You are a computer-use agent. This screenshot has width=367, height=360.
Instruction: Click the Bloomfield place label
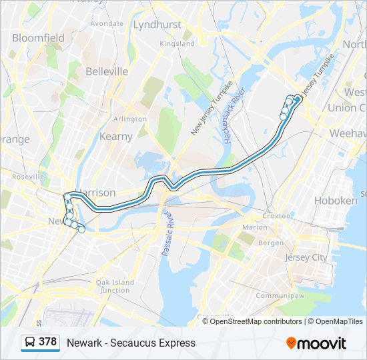(38, 38)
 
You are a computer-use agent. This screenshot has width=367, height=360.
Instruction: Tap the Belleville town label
(107, 71)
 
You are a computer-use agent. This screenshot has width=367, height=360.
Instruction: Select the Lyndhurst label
(157, 25)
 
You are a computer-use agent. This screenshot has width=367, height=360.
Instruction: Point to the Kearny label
(116, 136)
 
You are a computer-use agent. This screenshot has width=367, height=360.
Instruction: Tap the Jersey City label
(306, 257)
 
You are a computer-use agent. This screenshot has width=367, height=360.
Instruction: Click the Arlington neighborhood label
(130, 119)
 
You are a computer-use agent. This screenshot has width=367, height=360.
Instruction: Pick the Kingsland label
(177, 43)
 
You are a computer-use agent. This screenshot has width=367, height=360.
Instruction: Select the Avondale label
(107, 23)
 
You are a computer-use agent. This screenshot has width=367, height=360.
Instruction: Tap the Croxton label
(276, 216)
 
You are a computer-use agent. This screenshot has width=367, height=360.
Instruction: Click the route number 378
(47, 342)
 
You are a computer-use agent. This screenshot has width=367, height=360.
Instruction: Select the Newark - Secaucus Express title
(131, 343)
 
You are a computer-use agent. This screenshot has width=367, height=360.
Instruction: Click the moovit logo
(316, 343)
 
